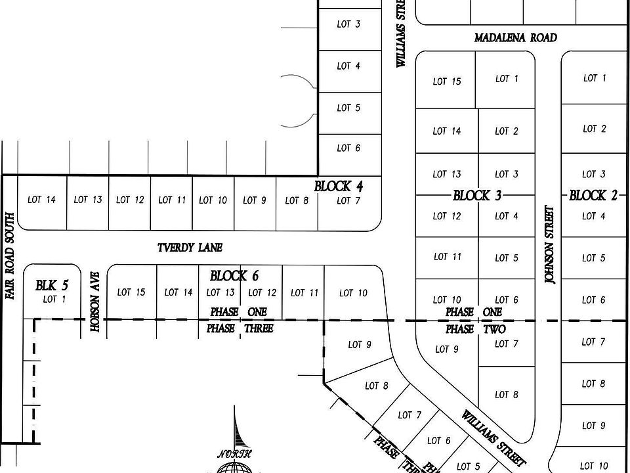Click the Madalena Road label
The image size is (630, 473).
pyautogui.click(x=516, y=38)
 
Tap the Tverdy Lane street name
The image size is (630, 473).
pyautogui.click(x=190, y=248)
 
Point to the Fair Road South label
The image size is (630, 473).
pyautogui.click(x=9, y=256)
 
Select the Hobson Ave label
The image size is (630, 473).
pyautogui.click(x=95, y=302)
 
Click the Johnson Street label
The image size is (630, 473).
pyautogui.click(x=549, y=245)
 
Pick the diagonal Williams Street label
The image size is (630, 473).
pyautogui.click(x=493, y=439)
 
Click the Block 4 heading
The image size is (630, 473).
pyautogui.click(x=339, y=187)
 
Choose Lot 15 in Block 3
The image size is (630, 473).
pyautogui.click(x=447, y=81)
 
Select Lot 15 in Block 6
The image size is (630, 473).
pyautogui.click(x=131, y=292)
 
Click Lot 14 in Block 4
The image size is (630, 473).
pyautogui.click(x=41, y=200)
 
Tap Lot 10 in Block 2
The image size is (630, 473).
pyautogui.click(x=595, y=466)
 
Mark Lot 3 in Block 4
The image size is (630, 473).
pyautogui.click(x=348, y=25)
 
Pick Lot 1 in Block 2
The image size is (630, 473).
pyautogui.click(x=595, y=78)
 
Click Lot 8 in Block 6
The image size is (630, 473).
pyautogui.click(x=377, y=386)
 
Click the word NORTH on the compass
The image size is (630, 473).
pyautogui.click(x=235, y=454)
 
